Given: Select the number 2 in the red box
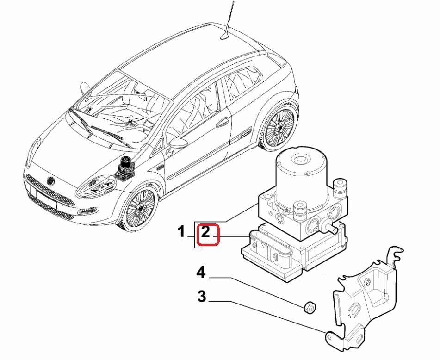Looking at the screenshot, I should tap(207, 234).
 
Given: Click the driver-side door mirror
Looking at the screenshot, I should tap(176, 144).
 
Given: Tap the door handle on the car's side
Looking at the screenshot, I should tap(223, 123).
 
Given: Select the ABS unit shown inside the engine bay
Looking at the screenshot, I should tap(125, 168).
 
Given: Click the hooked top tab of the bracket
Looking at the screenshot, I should tap(395, 254).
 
